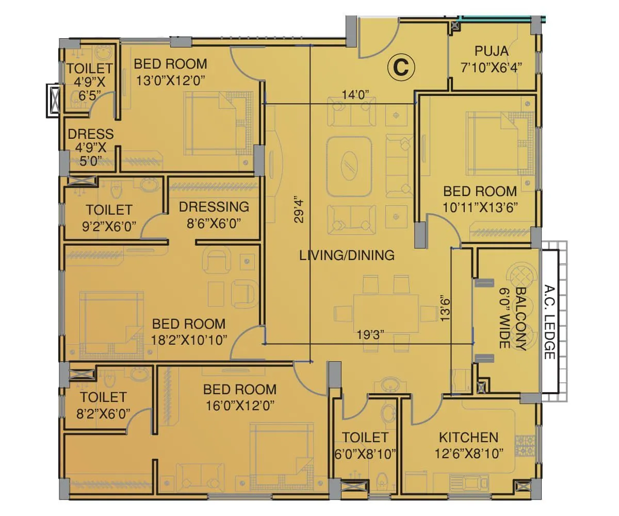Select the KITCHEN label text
468,438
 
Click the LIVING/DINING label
347,255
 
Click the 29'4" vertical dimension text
298,208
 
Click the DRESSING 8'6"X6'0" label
214,215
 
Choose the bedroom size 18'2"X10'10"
189,340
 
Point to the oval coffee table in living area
349,166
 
